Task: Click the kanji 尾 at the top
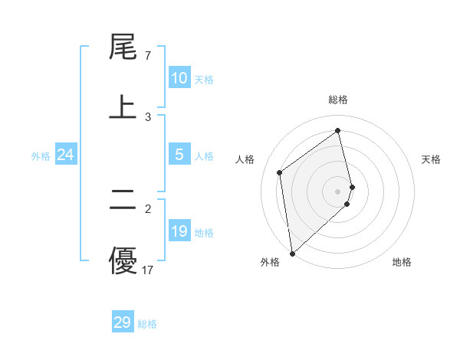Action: [x=123, y=47]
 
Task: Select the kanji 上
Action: [x=123, y=106]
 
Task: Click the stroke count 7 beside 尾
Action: [x=147, y=56]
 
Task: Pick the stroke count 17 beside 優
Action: [x=148, y=270]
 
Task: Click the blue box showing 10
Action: [x=179, y=78]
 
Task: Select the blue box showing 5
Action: [x=179, y=155]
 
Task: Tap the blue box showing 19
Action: [x=179, y=231]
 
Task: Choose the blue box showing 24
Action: [x=66, y=155]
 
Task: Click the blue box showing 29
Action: [x=123, y=322]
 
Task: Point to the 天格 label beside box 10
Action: [x=204, y=79]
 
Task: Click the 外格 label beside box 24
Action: [x=41, y=155]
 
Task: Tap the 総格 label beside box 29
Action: [x=147, y=323]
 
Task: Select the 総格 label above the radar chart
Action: [x=338, y=100]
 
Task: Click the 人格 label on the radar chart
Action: [x=245, y=159]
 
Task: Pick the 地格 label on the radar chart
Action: [x=402, y=262]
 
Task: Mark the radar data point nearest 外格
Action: [x=291, y=253]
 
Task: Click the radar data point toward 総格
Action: [x=338, y=130]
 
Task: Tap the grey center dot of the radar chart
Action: [x=338, y=190]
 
